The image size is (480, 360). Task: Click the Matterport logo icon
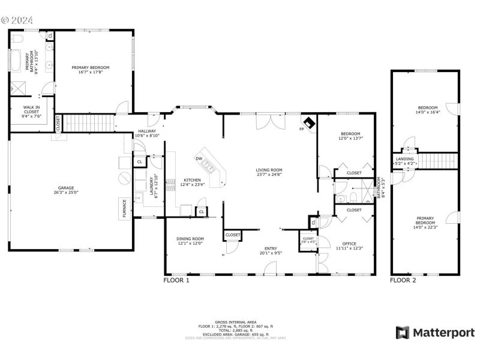403,332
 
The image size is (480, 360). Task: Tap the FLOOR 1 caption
176,280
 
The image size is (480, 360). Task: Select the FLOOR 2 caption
403,280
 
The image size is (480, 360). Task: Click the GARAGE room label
66,190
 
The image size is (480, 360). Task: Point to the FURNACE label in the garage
124,208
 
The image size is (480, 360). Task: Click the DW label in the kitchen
199,158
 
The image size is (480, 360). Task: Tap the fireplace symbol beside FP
310,122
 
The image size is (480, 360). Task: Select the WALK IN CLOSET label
31,109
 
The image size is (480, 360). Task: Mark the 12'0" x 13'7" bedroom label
350,138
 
